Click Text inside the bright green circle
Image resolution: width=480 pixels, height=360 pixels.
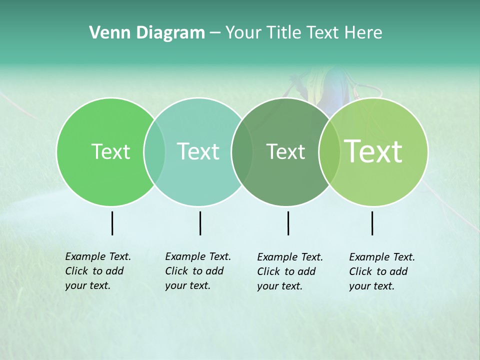(x=110, y=151)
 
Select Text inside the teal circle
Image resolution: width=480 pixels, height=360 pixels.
(x=198, y=151)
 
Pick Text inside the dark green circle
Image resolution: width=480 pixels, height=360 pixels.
(x=285, y=151)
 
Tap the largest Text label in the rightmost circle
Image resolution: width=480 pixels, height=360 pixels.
(x=373, y=151)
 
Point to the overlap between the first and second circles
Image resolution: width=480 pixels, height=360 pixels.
(x=154, y=151)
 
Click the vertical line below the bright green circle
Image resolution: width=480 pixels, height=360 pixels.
(x=112, y=223)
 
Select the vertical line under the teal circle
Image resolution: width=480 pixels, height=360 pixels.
(x=200, y=223)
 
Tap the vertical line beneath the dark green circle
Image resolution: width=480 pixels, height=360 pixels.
(x=288, y=223)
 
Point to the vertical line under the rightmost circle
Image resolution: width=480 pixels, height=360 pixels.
(x=372, y=223)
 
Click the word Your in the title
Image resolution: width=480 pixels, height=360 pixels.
(x=244, y=33)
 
